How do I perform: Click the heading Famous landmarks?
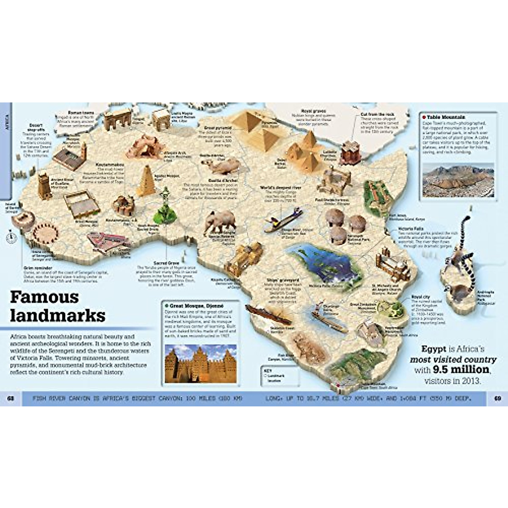57,306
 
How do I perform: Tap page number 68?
11,398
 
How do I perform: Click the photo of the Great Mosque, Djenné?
201,363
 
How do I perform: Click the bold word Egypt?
434,349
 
